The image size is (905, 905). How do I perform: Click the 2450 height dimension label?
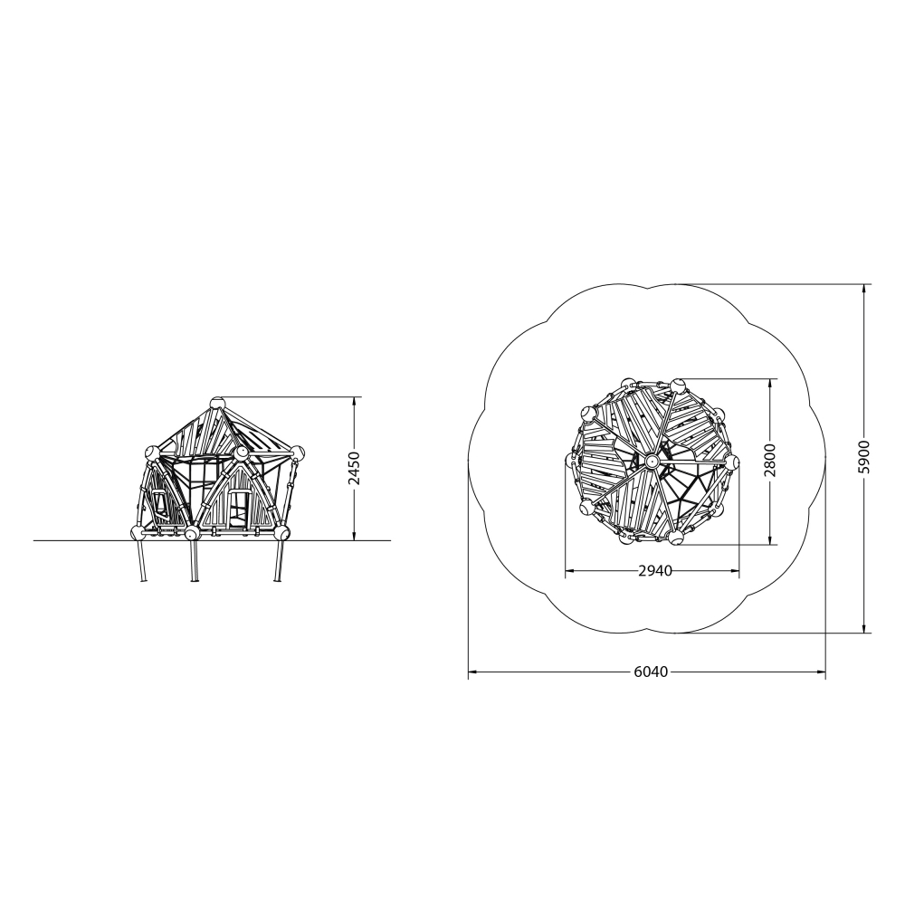355,468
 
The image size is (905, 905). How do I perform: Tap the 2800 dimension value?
770,460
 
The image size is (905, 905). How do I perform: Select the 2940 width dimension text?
655,571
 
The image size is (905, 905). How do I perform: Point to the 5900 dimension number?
864,457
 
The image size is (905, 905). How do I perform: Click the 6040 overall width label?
651,672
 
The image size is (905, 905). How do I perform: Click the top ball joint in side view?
216,403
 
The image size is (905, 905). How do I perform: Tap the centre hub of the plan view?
652,461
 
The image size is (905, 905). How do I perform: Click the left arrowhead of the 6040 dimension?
473,672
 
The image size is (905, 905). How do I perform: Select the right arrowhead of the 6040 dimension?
820,672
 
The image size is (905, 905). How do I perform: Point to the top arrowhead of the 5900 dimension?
864,290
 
